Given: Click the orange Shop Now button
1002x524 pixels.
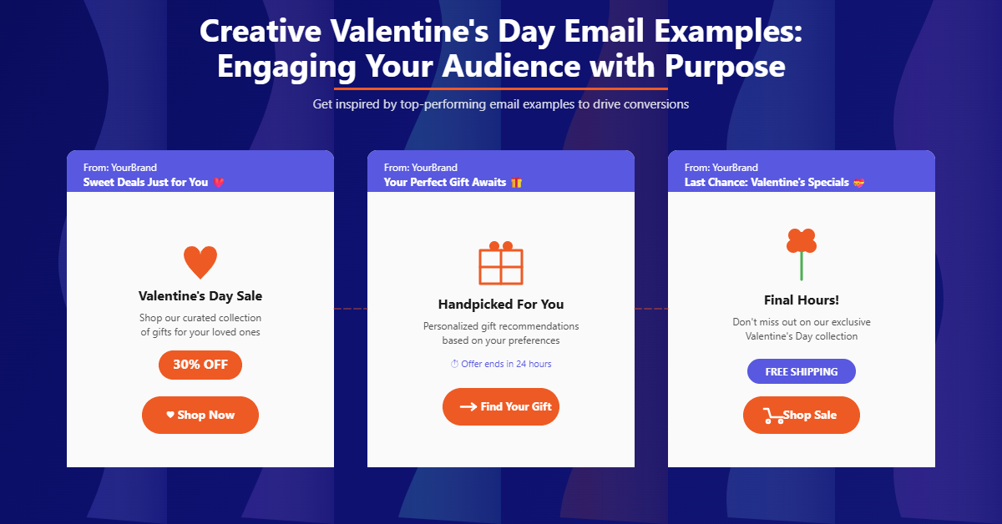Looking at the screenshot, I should [x=200, y=415].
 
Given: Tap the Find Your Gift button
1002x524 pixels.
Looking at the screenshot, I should [x=501, y=406].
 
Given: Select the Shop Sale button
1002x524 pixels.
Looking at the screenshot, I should [x=802, y=415].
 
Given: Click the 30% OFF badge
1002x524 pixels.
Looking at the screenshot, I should [x=200, y=365].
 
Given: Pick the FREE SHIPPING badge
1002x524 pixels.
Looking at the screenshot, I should [x=802, y=371].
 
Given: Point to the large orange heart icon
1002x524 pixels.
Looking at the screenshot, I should [x=200, y=262].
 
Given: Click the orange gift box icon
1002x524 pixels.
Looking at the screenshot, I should [x=501, y=264].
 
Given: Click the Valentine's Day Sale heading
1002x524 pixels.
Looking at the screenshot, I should [x=200, y=296].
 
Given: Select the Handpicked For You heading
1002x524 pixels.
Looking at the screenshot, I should [x=501, y=305].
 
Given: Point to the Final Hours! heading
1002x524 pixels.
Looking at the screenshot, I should [x=802, y=300].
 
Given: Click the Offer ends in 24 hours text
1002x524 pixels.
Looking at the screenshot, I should [x=501, y=364].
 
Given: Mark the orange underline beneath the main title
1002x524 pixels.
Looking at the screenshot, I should [x=501, y=88].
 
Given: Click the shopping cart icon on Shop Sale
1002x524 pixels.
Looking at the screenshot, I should [x=773, y=416].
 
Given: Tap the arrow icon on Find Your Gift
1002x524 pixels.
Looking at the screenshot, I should [x=468, y=407].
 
